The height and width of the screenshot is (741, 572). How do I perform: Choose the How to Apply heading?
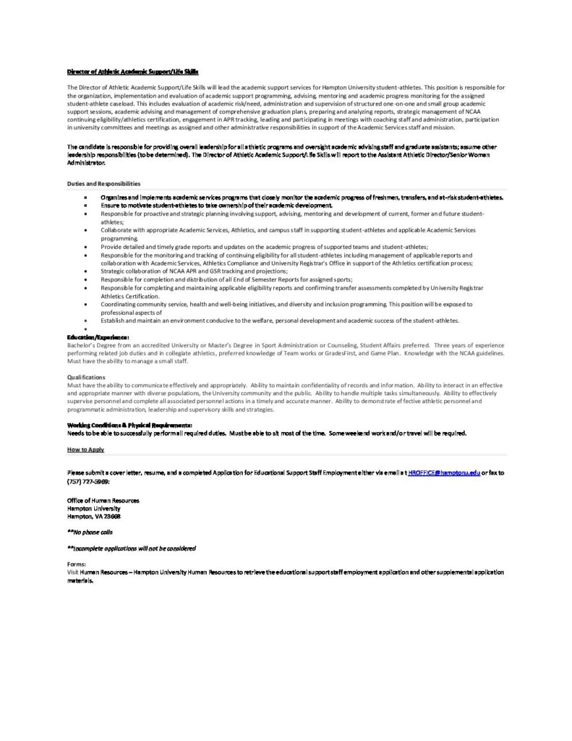(85, 449)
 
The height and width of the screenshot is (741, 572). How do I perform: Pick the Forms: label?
(77, 564)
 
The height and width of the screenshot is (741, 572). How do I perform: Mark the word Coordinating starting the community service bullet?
(120, 305)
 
